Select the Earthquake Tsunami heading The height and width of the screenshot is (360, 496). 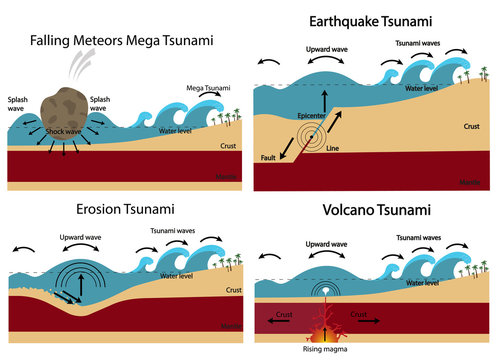click(370, 20)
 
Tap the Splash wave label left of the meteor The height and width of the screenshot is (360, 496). click(20, 105)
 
